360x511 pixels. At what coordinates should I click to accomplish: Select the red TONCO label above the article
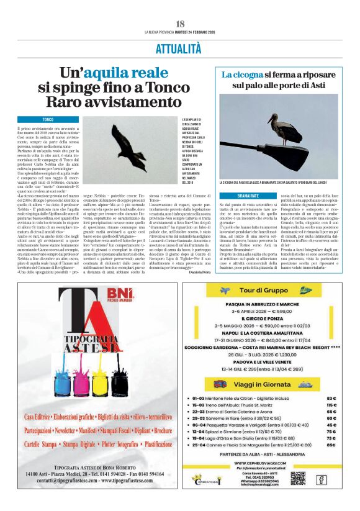point(47,119)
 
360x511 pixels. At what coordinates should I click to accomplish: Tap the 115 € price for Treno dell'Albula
point(331,404)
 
